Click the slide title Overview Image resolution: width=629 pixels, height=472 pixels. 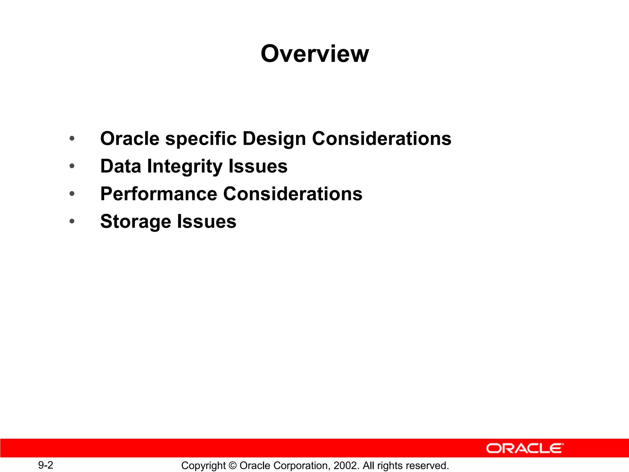tap(314, 54)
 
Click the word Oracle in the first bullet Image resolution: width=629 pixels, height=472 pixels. tap(130, 139)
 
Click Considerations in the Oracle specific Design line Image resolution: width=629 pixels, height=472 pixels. tap(381, 139)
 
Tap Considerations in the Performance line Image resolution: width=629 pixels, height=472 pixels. tap(293, 194)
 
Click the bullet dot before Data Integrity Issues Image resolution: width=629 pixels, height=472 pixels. tap(72, 166)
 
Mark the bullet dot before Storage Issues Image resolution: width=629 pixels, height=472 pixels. tap(72, 221)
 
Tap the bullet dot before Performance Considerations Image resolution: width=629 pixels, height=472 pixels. tap(72, 194)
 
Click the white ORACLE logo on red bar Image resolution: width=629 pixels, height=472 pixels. tap(525, 448)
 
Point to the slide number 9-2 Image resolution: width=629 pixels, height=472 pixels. tap(45, 465)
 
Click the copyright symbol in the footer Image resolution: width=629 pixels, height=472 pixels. tap(232, 466)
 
